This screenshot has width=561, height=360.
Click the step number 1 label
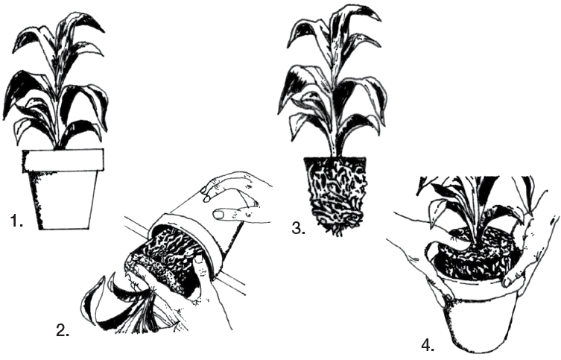[x=16, y=221]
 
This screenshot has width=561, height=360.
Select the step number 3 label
[x=298, y=228]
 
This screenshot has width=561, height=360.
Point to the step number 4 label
[x=428, y=346]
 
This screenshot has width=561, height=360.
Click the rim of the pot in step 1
[x=63, y=161]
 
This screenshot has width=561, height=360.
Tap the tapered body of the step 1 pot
[x=64, y=200]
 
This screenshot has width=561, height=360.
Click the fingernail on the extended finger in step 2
[x=219, y=215]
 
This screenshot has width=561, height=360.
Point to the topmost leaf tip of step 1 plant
[x=104, y=32]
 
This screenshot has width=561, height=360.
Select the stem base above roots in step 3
[x=335, y=151]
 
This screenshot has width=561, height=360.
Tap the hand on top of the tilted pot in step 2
[x=236, y=197]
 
